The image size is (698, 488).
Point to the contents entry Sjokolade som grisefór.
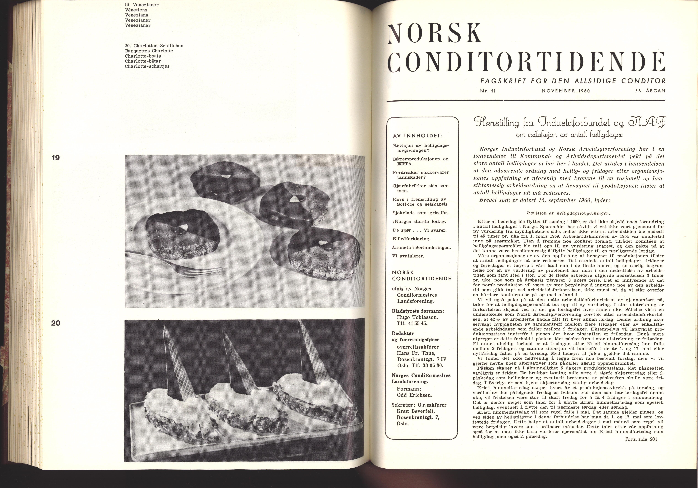[x=420, y=213]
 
